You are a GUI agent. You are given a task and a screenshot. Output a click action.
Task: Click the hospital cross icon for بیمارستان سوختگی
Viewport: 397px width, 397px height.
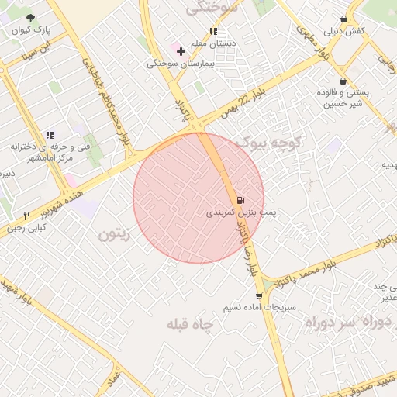pos(181,52)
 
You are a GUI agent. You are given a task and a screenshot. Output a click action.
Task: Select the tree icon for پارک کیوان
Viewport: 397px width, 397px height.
pos(30,18)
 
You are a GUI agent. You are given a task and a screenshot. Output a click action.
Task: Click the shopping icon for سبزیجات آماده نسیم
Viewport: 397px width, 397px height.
pos(259,296)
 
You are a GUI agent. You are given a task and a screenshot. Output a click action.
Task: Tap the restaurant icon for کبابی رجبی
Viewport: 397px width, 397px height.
pos(27,216)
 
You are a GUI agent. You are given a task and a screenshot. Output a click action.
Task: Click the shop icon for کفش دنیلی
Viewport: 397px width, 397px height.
pos(343,19)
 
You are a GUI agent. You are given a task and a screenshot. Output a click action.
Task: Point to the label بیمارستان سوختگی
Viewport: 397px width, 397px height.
pos(181,64)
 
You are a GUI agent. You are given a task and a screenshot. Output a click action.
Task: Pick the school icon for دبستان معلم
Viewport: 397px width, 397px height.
pos(213,32)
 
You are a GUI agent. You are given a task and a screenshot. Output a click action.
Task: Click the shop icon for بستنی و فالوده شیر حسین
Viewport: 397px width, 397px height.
pos(343,81)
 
